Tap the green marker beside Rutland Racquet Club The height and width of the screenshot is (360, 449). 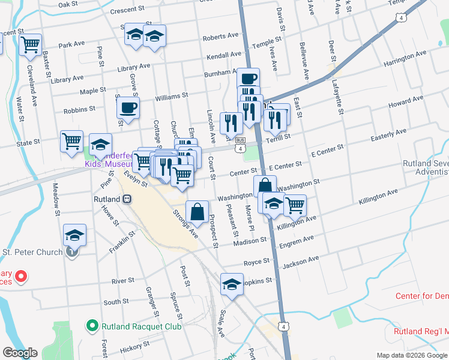(92, 326)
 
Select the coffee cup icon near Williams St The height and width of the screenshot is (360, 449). (127, 109)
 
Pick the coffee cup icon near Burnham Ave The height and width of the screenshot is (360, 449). (248, 78)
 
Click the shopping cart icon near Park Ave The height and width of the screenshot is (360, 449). (30, 44)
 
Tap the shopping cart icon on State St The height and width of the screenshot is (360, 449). (71, 141)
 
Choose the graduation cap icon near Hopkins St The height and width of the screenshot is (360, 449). (232, 284)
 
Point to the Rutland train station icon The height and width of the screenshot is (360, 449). (127, 199)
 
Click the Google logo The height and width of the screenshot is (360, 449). (20, 353)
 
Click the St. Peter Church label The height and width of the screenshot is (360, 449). (33, 252)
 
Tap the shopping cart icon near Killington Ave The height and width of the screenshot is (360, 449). (295, 205)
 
